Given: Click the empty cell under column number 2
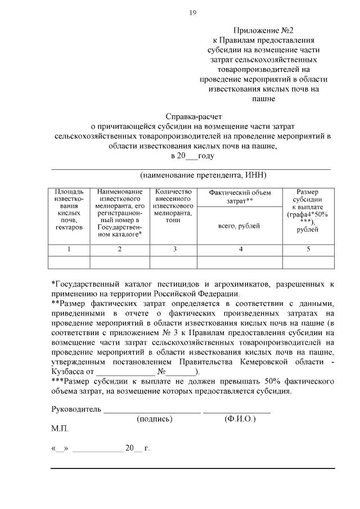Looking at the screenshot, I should click(120, 262).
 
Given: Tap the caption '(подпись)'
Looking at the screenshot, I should click(154, 419).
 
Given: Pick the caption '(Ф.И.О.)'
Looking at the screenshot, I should click(240, 419).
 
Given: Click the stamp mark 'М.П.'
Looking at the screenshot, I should click(59, 429).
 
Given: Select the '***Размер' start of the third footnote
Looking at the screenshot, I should click(71, 382).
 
